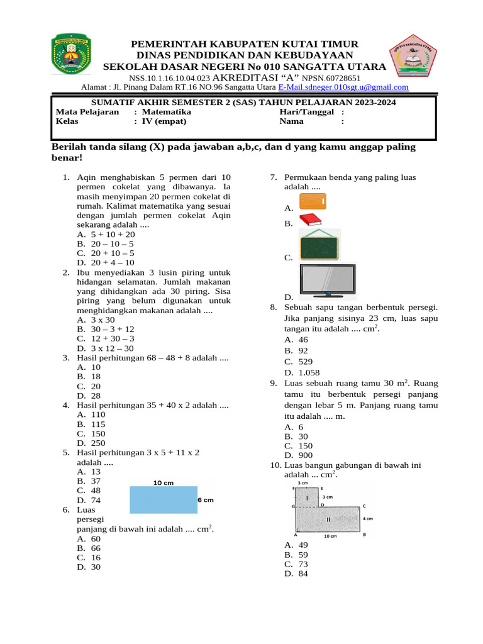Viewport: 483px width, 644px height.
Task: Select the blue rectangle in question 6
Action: click(163, 500)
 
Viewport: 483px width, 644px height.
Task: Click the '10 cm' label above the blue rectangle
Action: click(164, 482)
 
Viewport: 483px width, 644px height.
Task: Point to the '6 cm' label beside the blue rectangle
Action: click(206, 500)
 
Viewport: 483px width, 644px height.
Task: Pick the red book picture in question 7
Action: click(309, 220)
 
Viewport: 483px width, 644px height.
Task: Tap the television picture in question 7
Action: click(327, 280)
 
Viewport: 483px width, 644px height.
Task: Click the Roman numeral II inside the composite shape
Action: click(328, 519)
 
